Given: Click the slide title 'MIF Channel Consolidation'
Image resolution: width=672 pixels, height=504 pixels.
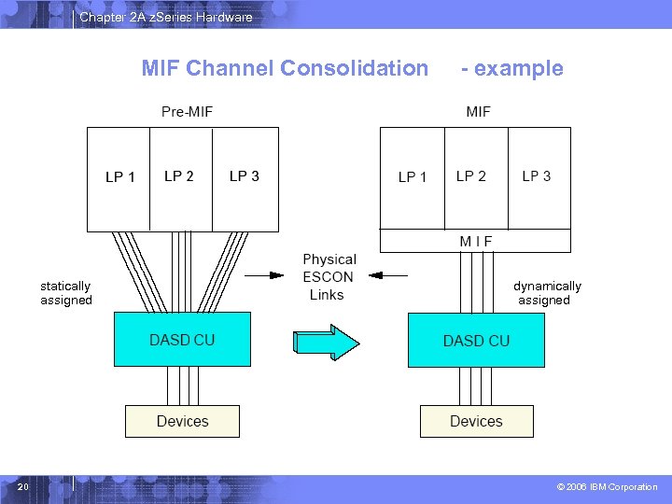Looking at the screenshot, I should [285, 68].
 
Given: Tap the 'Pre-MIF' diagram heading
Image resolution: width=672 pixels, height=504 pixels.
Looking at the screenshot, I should [187, 112].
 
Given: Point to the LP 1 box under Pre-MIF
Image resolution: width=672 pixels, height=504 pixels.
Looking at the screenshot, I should [119, 178].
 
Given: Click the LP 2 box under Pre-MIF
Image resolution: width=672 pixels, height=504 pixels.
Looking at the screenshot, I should [180, 178].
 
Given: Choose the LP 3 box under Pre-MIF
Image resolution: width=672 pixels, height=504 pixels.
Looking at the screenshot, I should [245, 178].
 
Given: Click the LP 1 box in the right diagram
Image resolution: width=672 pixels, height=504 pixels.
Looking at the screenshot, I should [412, 176].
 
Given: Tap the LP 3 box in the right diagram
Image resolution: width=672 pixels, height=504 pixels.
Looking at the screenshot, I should [538, 176].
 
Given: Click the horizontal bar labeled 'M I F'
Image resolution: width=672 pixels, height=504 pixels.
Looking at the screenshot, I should [475, 241].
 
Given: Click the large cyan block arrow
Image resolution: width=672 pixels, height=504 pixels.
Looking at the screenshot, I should [325, 341].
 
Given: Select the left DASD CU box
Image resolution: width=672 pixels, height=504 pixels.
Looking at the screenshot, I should [182, 340].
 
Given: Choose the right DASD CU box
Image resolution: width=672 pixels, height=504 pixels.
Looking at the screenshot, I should [476, 341].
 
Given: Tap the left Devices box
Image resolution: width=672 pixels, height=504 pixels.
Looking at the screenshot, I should [182, 421].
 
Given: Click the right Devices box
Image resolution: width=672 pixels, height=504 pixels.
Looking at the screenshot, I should [476, 421].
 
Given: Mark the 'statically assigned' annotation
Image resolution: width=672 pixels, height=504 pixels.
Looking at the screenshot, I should [65, 293].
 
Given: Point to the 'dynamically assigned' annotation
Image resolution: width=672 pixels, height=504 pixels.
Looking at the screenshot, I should [546, 293].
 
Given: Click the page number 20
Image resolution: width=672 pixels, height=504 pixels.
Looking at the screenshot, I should [23, 487].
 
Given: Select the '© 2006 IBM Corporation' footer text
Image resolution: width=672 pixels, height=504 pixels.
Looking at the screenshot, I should [607, 487].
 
